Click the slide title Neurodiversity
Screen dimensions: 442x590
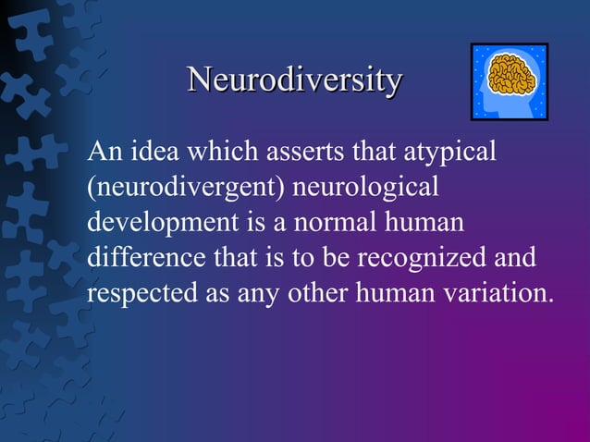[295, 80]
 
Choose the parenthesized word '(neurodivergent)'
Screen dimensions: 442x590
[185, 188]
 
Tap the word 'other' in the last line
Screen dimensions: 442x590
[306, 294]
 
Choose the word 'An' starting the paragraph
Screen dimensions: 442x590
[102, 151]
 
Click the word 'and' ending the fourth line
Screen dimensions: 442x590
[515, 259]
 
